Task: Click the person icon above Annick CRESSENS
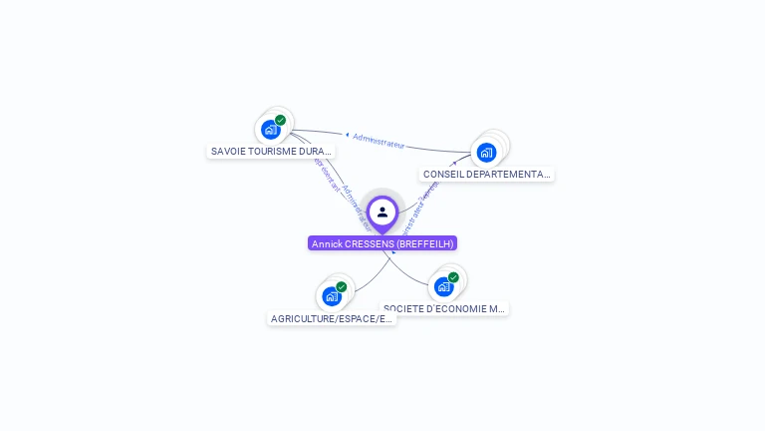[382, 212]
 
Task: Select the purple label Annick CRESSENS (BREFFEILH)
[382, 243]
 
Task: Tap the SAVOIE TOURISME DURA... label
[270, 152]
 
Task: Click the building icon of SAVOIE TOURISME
[270, 130]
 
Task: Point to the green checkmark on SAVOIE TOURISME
[281, 120]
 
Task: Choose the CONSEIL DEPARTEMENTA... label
[486, 174]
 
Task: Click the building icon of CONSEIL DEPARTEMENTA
[486, 152]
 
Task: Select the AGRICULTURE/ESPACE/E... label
[332, 319]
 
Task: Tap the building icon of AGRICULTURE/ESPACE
[331, 296]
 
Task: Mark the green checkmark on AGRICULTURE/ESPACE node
[342, 287]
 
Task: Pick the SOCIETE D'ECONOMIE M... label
[444, 309]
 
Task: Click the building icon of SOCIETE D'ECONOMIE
[443, 287]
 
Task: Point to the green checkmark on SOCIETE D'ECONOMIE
[454, 277]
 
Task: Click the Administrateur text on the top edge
[379, 141]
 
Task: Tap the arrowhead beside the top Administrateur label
[347, 134]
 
